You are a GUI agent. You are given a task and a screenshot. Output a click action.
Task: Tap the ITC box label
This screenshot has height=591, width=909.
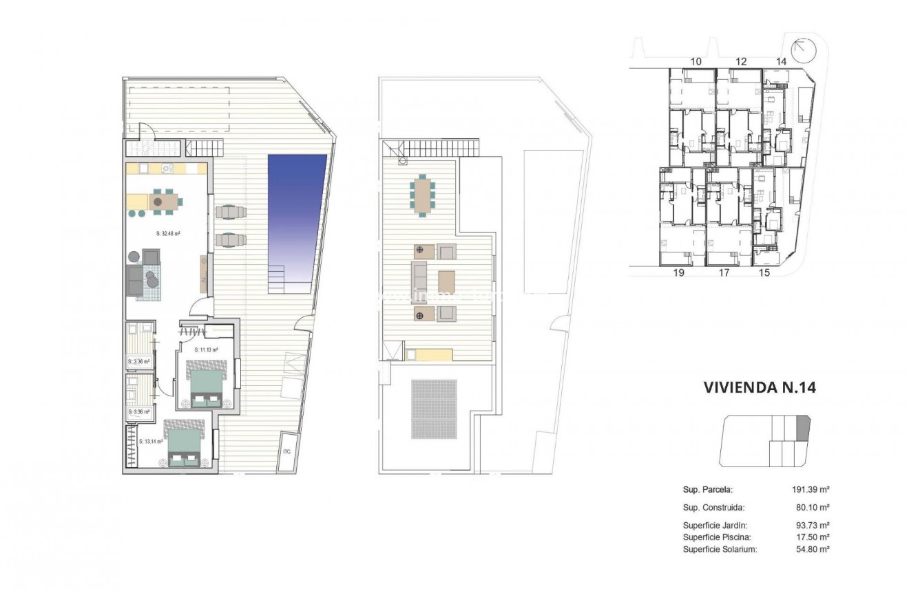point(287,452)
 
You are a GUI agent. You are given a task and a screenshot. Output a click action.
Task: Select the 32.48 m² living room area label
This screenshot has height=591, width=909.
point(168,234)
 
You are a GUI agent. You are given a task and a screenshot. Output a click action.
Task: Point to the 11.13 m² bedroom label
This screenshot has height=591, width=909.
point(206,350)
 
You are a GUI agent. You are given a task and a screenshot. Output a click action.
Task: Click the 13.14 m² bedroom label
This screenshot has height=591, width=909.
point(151,442)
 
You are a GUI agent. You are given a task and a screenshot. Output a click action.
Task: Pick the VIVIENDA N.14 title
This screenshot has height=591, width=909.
point(760,387)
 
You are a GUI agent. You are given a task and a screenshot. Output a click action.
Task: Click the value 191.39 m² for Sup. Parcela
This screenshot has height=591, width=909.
point(811,490)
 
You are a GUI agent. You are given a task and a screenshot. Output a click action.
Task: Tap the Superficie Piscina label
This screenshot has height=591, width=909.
point(717,537)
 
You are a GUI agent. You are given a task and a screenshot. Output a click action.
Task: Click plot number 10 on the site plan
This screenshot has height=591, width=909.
point(696,62)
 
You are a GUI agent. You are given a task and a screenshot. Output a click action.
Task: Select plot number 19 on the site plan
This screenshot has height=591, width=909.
point(678,273)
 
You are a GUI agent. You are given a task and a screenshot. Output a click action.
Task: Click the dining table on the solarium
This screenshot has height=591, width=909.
point(421,195)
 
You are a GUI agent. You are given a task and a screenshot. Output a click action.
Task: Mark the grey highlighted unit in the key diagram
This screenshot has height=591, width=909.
point(803,428)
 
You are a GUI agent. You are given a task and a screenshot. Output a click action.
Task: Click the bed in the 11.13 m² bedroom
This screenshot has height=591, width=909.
point(207,387)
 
